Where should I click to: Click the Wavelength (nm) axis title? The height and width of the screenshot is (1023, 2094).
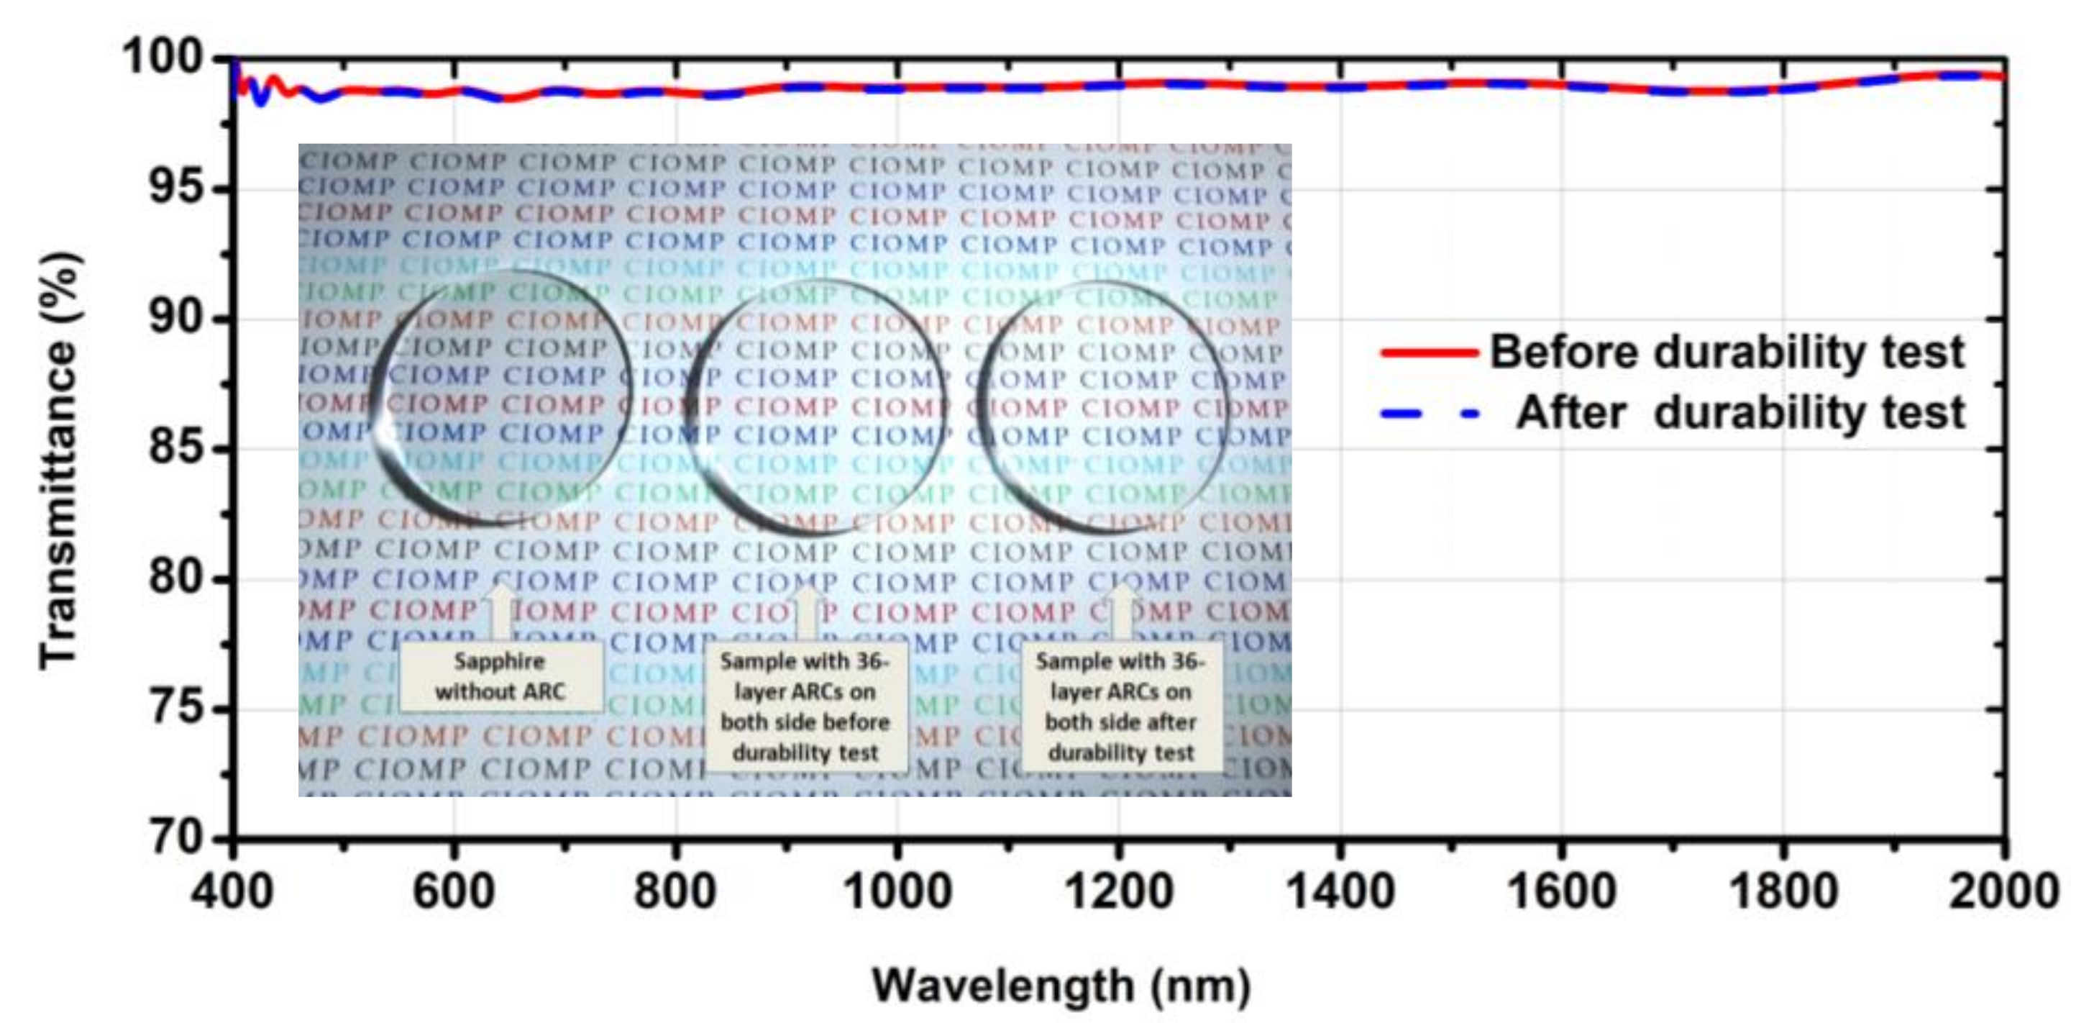pyautogui.click(x=1061, y=986)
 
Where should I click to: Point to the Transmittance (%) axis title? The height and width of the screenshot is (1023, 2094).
pyautogui.click(x=61, y=460)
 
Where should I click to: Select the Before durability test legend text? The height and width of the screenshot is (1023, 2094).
pyautogui.click(x=1727, y=352)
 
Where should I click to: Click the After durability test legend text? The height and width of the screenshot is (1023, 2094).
pyautogui.click(x=1739, y=412)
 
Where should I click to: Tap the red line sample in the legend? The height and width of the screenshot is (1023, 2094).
pyautogui.click(x=1429, y=352)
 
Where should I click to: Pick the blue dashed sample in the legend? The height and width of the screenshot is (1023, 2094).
pyautogui.click(x=1429, y=414)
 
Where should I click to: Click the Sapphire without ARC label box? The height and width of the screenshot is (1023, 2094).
pyautogui.click(x=500, y=676)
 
